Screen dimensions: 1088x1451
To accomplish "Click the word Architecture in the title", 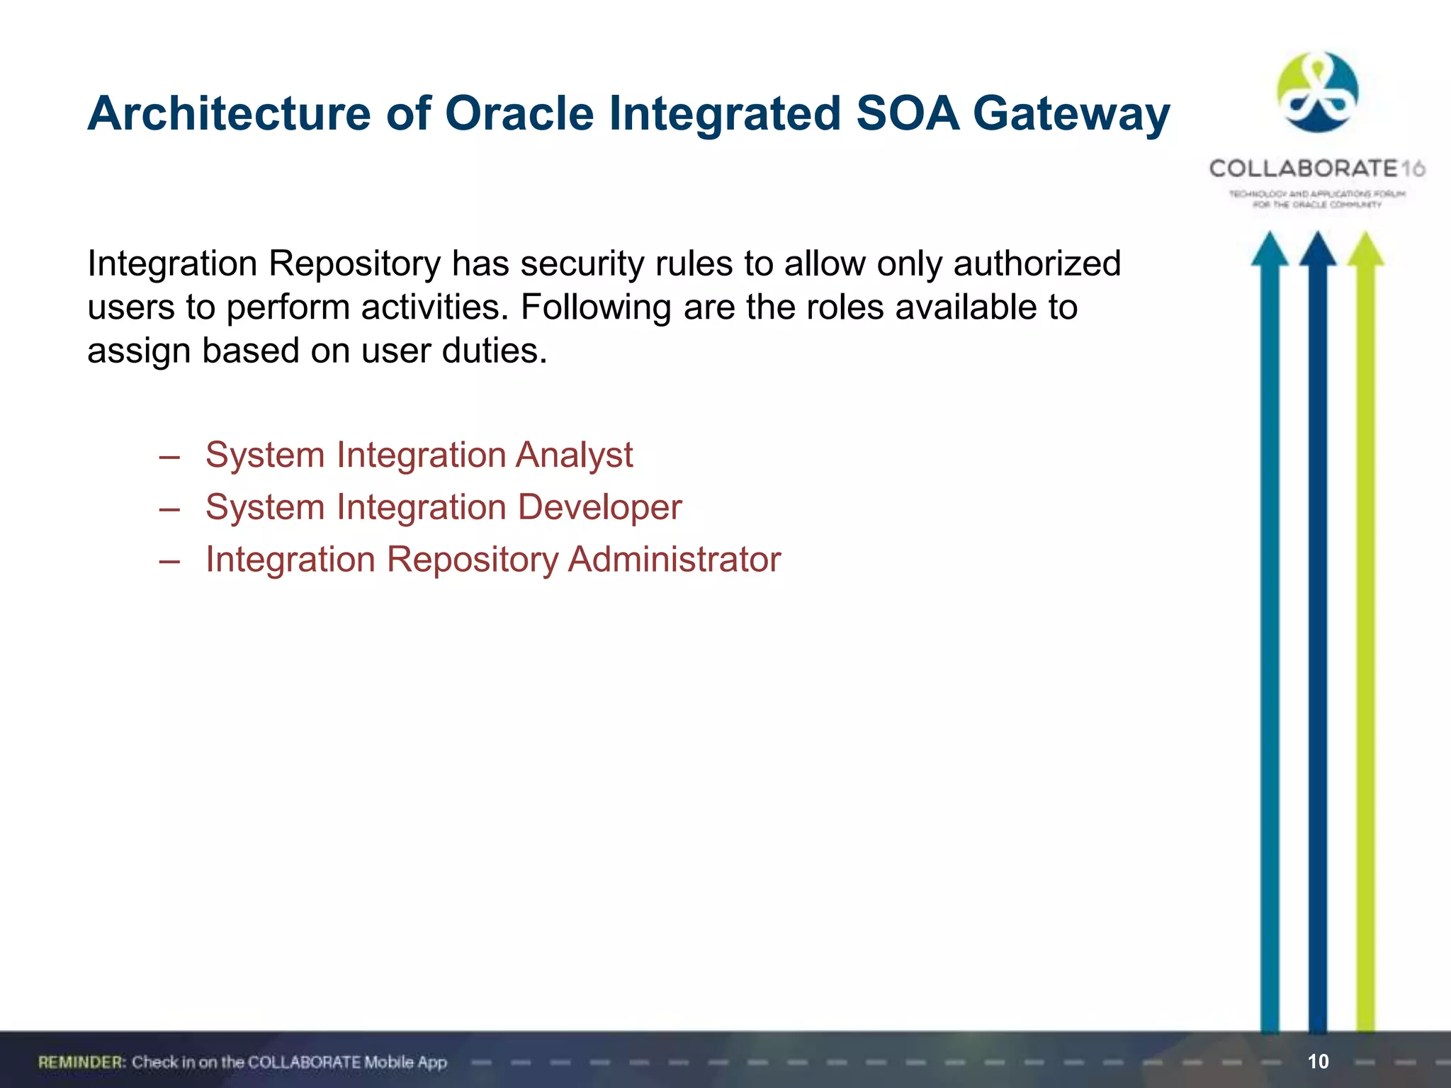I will [x=228, y=113].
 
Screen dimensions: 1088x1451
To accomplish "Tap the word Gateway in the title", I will [x=1071, y=113].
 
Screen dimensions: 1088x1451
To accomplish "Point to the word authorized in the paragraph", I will [x=1037, y=263].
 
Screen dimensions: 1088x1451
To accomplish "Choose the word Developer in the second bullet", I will [x=599, y=507].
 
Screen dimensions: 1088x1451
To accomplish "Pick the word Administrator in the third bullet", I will [x=674, y=560].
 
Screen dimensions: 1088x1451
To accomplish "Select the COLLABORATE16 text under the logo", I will [x=1316, y=169].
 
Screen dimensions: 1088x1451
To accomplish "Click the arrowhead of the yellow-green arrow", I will [x=1365, y=251].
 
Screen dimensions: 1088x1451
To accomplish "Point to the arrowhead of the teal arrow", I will [x=1269, y=251].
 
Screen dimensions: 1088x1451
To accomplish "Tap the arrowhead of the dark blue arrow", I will [x=1317, y=251].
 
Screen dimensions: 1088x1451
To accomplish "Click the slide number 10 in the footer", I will [x=1318, y=1061].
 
